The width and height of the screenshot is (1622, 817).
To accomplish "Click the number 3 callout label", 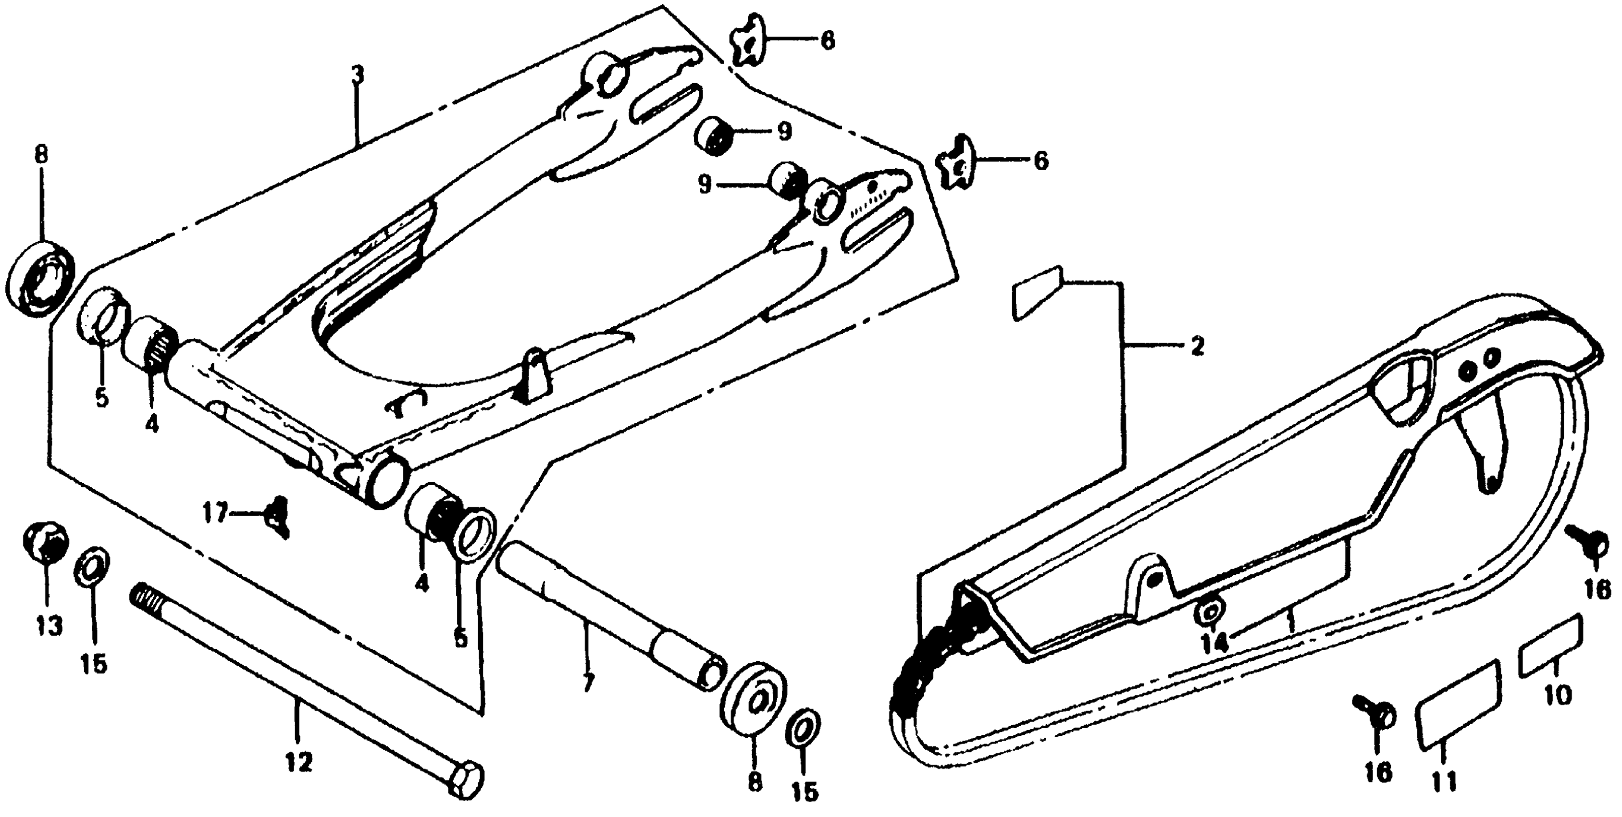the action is point(357,75).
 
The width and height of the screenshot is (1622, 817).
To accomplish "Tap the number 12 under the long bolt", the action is point(298,764).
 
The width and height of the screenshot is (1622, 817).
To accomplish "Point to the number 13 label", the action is point(49,626).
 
